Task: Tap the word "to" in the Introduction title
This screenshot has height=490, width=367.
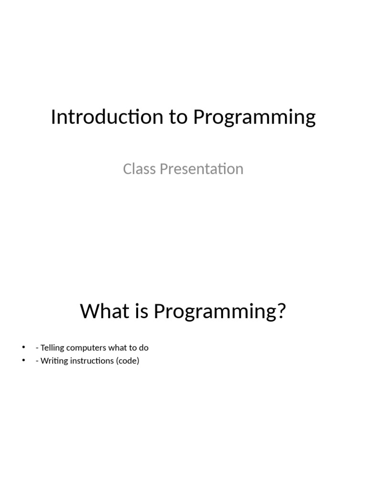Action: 177,117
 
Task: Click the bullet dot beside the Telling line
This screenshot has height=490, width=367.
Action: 22,348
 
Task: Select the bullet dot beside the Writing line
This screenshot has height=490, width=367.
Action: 22,361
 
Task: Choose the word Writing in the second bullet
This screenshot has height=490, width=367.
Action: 54,361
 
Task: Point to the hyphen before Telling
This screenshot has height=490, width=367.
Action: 37,348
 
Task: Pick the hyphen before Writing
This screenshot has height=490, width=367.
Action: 37,361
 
